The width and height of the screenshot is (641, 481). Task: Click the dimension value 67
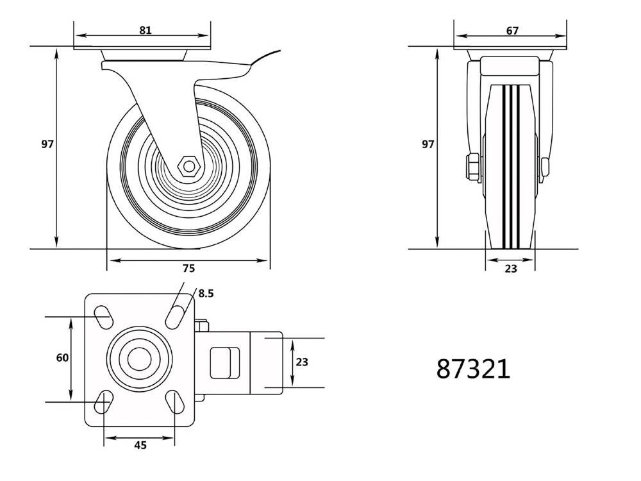click(x=512, y=30)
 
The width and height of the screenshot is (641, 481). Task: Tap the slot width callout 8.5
click(x=205, y=293)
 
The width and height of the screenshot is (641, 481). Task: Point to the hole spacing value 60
click(x=62, y=358)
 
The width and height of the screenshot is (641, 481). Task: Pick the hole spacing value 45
click(x=140, y=445)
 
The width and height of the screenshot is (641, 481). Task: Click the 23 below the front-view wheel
click(x=510, y=269)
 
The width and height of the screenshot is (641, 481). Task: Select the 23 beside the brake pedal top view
click(x=302, y=362)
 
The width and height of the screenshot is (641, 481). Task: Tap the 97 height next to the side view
click(x=47, y=144)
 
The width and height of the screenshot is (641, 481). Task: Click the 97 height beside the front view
click(x=428, y=144)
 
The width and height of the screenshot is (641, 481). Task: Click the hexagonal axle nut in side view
click(x=188, y=165)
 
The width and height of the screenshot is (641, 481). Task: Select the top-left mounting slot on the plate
click(x=103, y=315)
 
